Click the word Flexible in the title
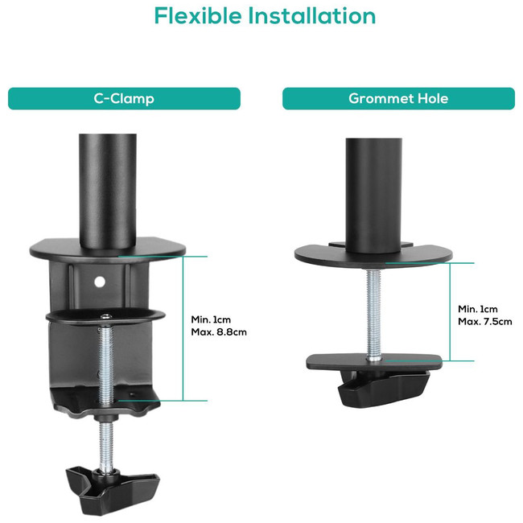(x=198, y=15)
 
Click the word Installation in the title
(x=312, y=15)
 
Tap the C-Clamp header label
(x=124, y=99)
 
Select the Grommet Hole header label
(x=398, y=99)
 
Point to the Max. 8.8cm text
(x=219, y=332)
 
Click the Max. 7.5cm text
(x=485, y=322)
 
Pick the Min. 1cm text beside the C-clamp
(x=211, y=319)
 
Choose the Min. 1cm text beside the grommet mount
(x=478, y=309)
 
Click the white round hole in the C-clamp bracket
(x=100, y=282)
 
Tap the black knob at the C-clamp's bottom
(x=113, y=490)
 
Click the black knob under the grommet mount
(x=384, y=389)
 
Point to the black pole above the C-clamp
(x=108, y=191)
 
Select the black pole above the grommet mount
(x=373, y=196)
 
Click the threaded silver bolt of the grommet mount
(x=374, y=315)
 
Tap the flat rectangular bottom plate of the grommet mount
(x=374, y=362)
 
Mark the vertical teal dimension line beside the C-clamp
(x=183, y=328)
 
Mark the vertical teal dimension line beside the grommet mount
(x=450, y=312)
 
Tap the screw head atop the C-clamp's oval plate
(x=106, y=316)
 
